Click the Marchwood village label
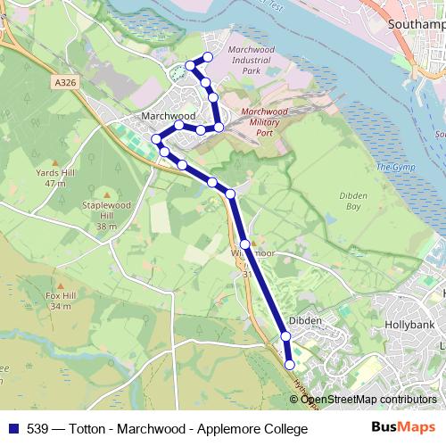pyautogui.click(x=168, y=116)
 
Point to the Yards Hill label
pyautogui.click(x=51, y=178)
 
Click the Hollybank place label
pyautogui.click(x=408, y=326)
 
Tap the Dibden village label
pyautogui.click(x=306, y=319)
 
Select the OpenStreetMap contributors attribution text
pyautogui.click(x=368, y=400)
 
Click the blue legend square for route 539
pyautogui.click(x=12, y=429)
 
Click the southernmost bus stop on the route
pyautogui.click(x=289, y=365)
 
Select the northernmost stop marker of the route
pyautogui.click(x=208, y=58)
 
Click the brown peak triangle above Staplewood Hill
pyautogui.click(x=107, y=194)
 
